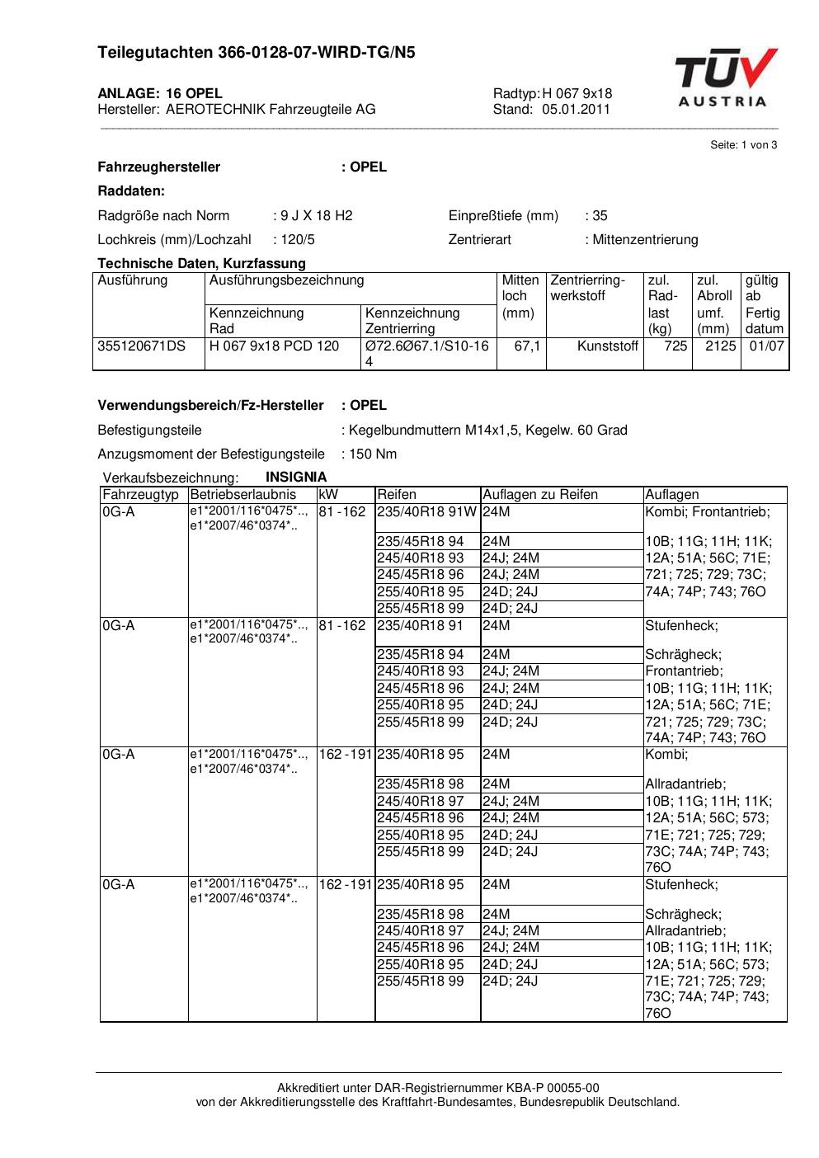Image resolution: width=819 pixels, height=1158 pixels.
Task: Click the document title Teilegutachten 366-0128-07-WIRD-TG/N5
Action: coord(257,53)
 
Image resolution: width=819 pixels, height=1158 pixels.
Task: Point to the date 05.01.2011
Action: coord(576,109)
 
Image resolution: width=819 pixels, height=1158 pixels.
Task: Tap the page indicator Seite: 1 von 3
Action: coord(743,145)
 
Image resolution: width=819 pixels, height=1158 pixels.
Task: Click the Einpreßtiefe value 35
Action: coord(600,216)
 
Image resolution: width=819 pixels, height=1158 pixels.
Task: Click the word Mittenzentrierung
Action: coord(645,240)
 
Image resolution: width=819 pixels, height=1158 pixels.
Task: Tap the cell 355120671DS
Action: coord(142,346)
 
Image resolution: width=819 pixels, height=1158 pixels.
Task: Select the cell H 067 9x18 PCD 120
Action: coord(274,346)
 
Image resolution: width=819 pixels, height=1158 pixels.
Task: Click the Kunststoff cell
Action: coord(608,346)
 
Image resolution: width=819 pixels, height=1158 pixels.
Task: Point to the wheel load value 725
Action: coord(675,346)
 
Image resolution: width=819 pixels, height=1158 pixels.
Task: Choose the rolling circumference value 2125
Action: coord(720,346)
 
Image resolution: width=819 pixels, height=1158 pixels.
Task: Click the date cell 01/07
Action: coord(766,346)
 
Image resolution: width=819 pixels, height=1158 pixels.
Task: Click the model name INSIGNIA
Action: coord(296,478)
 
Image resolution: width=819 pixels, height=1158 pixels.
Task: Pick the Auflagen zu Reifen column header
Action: coord(540,495)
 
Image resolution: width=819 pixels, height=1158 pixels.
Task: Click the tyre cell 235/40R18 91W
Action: coord(426,512)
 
